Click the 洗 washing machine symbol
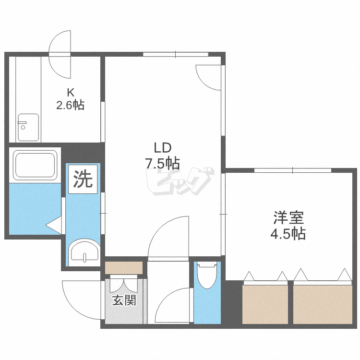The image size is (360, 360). (83, 179)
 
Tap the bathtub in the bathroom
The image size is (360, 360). (35, 165)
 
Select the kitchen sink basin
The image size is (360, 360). (28, 127)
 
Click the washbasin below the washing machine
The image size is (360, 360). (84, 252)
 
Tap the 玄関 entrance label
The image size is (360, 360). (124, 300)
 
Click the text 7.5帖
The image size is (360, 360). (162, 164)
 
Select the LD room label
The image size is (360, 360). (162, 148)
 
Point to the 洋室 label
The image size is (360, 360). (288, 217)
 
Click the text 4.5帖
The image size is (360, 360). (288, 233)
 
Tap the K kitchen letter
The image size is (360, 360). (71, 93)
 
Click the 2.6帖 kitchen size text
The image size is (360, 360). (71, 105)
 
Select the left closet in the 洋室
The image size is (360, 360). (265, 304)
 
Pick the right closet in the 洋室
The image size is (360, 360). (323, 304)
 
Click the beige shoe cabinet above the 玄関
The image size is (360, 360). (124, 268)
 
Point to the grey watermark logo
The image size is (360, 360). (180, 181)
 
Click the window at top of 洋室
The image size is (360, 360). (293, 170)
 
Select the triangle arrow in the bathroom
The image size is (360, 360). (54, 225)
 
